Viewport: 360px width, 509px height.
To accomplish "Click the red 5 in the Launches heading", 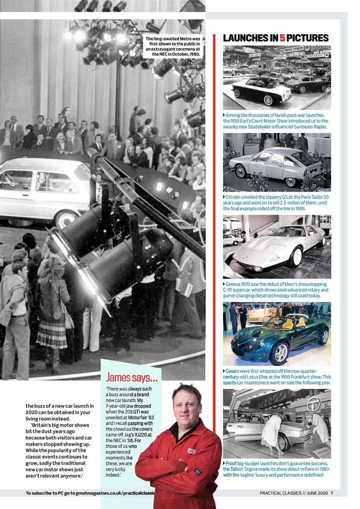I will [x=282, y=38].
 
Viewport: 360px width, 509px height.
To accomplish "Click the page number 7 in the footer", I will [x=331, y=493].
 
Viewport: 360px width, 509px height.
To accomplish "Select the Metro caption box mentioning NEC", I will [x=173, y=46].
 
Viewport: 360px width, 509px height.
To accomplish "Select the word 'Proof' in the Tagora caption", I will [x=231, y=464].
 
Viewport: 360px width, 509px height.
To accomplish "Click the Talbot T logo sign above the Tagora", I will [x=314, y=403].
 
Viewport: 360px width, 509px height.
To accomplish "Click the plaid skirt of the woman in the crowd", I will [x=52, y=334].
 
